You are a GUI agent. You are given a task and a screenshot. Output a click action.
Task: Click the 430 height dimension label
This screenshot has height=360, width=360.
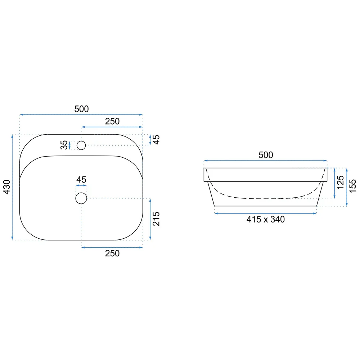pyautogui.click(x=7, y=187)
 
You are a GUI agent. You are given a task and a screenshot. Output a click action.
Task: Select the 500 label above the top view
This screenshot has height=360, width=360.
pyautogui.click(x=81, y=109)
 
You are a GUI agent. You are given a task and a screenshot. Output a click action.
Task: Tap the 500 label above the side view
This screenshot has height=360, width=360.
pyautogui.click(x=266, y=155)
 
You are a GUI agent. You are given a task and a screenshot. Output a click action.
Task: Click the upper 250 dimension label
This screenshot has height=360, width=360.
pyautogui.click(x=112, y=121)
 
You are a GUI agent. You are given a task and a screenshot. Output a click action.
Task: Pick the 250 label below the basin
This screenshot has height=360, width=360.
pyautogui.click(x=112, y=253)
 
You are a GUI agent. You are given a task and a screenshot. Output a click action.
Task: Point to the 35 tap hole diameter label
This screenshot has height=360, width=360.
pyautogui.click(x=64, y=145)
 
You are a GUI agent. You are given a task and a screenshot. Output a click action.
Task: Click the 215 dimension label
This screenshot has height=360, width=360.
pyautogui.click(x=156, y=219)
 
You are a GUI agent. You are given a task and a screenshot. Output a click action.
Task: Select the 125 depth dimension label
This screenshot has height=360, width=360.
pyautogui.click(x=340, y=182)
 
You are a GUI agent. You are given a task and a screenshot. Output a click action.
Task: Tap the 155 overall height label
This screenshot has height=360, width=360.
pyautogui.click(x=352, y=186)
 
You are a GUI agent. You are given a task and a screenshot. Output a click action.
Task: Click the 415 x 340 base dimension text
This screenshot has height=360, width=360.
pyautogui.click(x=266, y=219)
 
